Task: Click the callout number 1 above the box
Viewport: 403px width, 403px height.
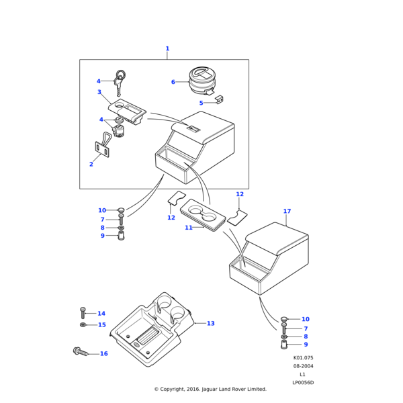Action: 167,48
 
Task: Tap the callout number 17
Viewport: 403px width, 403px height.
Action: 287,212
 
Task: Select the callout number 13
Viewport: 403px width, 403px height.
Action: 210,324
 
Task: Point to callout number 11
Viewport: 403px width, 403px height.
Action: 189,228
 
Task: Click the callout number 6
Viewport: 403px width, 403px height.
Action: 173,82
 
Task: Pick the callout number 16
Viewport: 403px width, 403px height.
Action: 103,353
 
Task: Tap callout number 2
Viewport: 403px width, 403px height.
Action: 91,164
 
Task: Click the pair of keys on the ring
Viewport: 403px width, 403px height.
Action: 120,80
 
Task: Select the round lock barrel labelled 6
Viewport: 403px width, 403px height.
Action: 201,82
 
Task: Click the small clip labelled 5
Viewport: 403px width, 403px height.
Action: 219,100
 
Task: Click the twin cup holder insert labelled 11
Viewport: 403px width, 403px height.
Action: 206,218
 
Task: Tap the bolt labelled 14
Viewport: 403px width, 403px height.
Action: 83,313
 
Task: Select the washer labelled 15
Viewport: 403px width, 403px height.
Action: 83,325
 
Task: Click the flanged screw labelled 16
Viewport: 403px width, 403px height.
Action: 79,351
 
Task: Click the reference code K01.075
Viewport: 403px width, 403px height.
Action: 303,358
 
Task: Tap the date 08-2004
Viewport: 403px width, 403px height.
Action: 303,366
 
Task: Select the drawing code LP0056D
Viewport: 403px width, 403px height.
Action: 303,383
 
